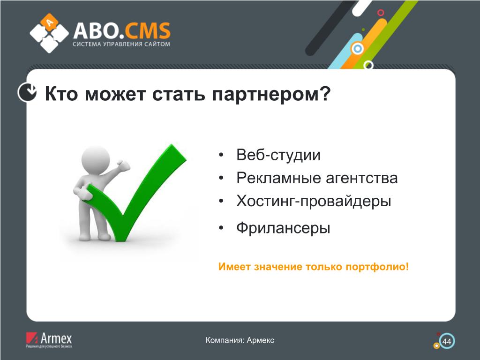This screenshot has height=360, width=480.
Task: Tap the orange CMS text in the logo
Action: pos(147,30)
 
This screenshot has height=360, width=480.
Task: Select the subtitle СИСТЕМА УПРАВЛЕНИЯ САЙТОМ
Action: pos(121,44)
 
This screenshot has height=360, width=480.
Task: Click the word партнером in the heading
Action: pos(271,94)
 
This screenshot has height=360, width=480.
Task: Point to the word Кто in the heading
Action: pos(61,93)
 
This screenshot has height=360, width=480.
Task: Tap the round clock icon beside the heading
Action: pos(27,92)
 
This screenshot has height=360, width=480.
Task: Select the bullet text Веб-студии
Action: pos(278,155)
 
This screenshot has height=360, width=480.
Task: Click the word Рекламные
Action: pos(278,178)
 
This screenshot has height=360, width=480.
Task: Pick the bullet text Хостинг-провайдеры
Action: pos(314,202)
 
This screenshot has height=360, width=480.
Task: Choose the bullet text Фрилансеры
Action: pos(283,228)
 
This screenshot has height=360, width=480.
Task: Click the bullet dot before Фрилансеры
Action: pos(221,228)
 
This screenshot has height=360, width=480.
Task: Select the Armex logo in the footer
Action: pos(49,340)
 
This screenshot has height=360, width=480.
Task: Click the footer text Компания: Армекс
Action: pos(240,340)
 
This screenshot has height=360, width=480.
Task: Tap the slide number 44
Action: pos(447,342)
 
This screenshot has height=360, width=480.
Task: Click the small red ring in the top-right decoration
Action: pos(381,13)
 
